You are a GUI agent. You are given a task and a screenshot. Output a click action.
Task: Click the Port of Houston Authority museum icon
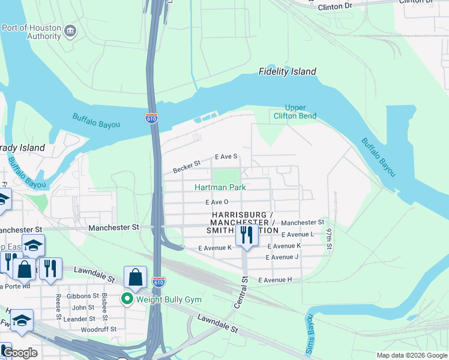(70, 31)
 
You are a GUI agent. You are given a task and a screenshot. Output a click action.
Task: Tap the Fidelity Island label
(287, 71)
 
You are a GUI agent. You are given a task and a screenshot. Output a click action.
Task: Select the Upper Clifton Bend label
(295, 112)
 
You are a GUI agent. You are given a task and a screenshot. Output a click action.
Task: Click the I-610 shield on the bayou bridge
(152, 118)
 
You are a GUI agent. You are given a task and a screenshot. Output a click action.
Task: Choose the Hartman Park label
(220, 187)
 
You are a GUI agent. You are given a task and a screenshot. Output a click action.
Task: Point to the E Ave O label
(217, 203)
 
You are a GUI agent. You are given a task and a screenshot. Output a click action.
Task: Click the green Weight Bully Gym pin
(127, 299)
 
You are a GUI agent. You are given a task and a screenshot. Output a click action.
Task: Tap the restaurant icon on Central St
(247, 235)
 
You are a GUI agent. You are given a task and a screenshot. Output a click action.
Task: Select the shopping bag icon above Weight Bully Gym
(136, 277)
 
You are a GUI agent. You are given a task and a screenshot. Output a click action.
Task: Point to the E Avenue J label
(282, 257)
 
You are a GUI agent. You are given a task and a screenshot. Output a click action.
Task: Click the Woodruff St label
(97, 329)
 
